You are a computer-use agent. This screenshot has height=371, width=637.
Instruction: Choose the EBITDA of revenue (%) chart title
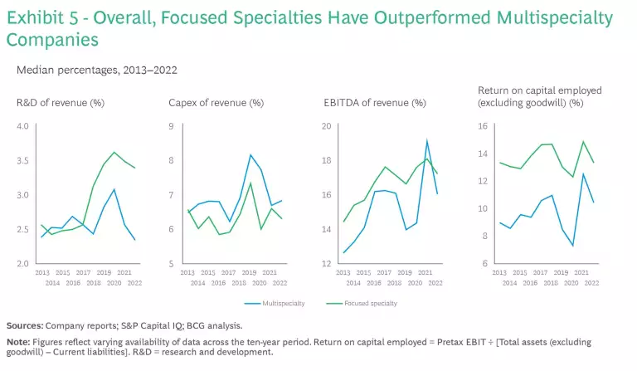coord(374,103)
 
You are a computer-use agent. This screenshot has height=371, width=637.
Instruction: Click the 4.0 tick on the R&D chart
coord(24,126)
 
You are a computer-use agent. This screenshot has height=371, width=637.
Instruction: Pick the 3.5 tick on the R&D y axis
coord(24,161)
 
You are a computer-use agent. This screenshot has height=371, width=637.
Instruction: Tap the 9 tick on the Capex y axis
coord(170,126)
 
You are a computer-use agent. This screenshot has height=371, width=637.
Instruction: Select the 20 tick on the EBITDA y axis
coord(327,126)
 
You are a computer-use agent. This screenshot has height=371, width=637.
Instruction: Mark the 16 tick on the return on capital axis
coord(484,126)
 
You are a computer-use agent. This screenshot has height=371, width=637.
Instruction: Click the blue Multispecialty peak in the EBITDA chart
coord(427,141)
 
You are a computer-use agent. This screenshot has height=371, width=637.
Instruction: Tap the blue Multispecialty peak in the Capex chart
coord(250,155)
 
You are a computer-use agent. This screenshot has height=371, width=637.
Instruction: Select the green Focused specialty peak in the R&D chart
coord(114,152)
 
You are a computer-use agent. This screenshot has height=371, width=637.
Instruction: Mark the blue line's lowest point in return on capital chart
coord(573,246)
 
